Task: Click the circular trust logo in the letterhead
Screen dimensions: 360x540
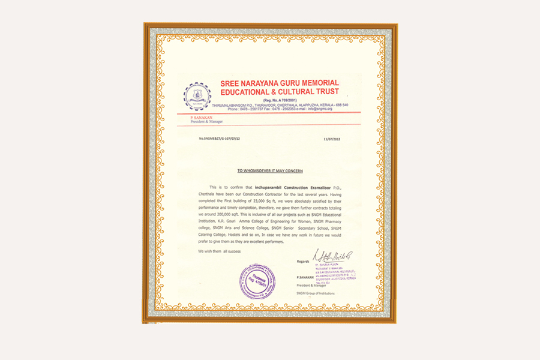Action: pos(197,96)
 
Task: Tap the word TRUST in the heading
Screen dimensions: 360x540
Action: pos(324,92)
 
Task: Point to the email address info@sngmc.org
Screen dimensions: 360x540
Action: pos(319,109)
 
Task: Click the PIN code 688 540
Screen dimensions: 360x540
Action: pos(340,104)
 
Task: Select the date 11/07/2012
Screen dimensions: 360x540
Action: pos(331,139)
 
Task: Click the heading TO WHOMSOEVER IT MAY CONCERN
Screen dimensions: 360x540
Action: pos(270,170)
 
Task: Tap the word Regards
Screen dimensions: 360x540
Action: pos(303,262)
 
